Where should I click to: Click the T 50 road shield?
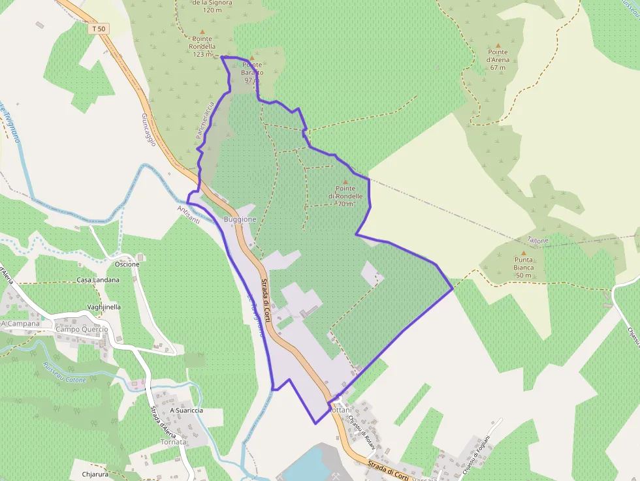pos(99,29)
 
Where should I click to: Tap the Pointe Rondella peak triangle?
pos(202,31)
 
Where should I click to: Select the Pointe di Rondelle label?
pos(345,196)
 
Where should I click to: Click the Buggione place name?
pos(240,219)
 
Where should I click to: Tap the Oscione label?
pos(127,264)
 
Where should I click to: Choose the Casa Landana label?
pos(98,280)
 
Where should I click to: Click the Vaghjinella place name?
pos(104,307)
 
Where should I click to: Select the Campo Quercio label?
pos(82,330)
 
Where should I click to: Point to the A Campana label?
pos(20,323)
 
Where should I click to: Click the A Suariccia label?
pos(186,411)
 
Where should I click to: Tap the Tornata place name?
pos(173,442)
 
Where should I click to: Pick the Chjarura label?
pos(95,474)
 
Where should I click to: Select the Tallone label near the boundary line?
pos(537,241)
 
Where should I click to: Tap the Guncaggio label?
pos(148,129)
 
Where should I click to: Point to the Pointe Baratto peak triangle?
pos(251,58)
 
